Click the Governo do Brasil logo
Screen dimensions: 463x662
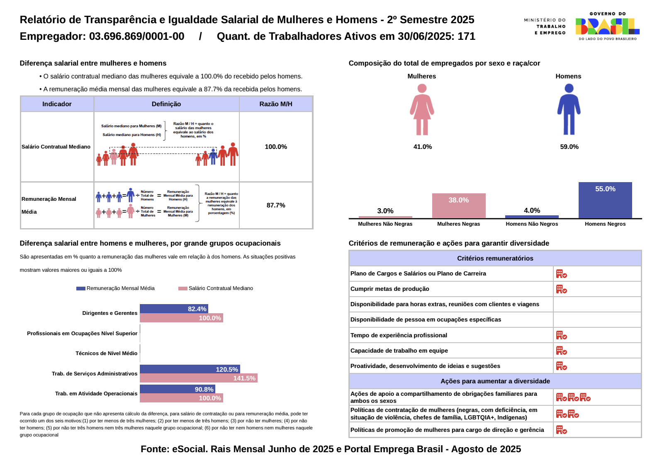point(607,26)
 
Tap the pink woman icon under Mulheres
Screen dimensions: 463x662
point(422,110)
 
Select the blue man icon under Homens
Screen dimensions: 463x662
point(569,110)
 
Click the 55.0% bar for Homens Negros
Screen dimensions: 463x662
point(605,200)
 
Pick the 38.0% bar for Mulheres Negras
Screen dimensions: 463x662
point(458,206)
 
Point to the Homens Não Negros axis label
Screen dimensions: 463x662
point(532,224)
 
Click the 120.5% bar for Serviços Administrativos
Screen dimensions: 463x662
point(190,369)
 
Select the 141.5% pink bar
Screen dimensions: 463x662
point(198,378)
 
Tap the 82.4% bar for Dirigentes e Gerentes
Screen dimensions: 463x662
point(173,309)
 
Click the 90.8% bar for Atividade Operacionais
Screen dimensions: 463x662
point(177,389)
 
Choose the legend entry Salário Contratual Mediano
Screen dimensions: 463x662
point(216,288)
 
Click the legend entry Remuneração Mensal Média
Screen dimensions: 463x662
point(116,288)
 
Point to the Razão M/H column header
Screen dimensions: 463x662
point(276,104)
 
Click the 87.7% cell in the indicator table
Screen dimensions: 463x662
point(276,205)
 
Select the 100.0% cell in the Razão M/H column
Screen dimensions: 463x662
point(276,147)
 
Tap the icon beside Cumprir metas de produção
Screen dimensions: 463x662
point(561,289)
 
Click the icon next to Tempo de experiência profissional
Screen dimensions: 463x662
point(561,335)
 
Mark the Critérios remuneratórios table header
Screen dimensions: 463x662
point(495,258)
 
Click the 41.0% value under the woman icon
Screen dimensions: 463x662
point(423,147)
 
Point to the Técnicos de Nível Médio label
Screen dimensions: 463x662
point(106,353)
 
